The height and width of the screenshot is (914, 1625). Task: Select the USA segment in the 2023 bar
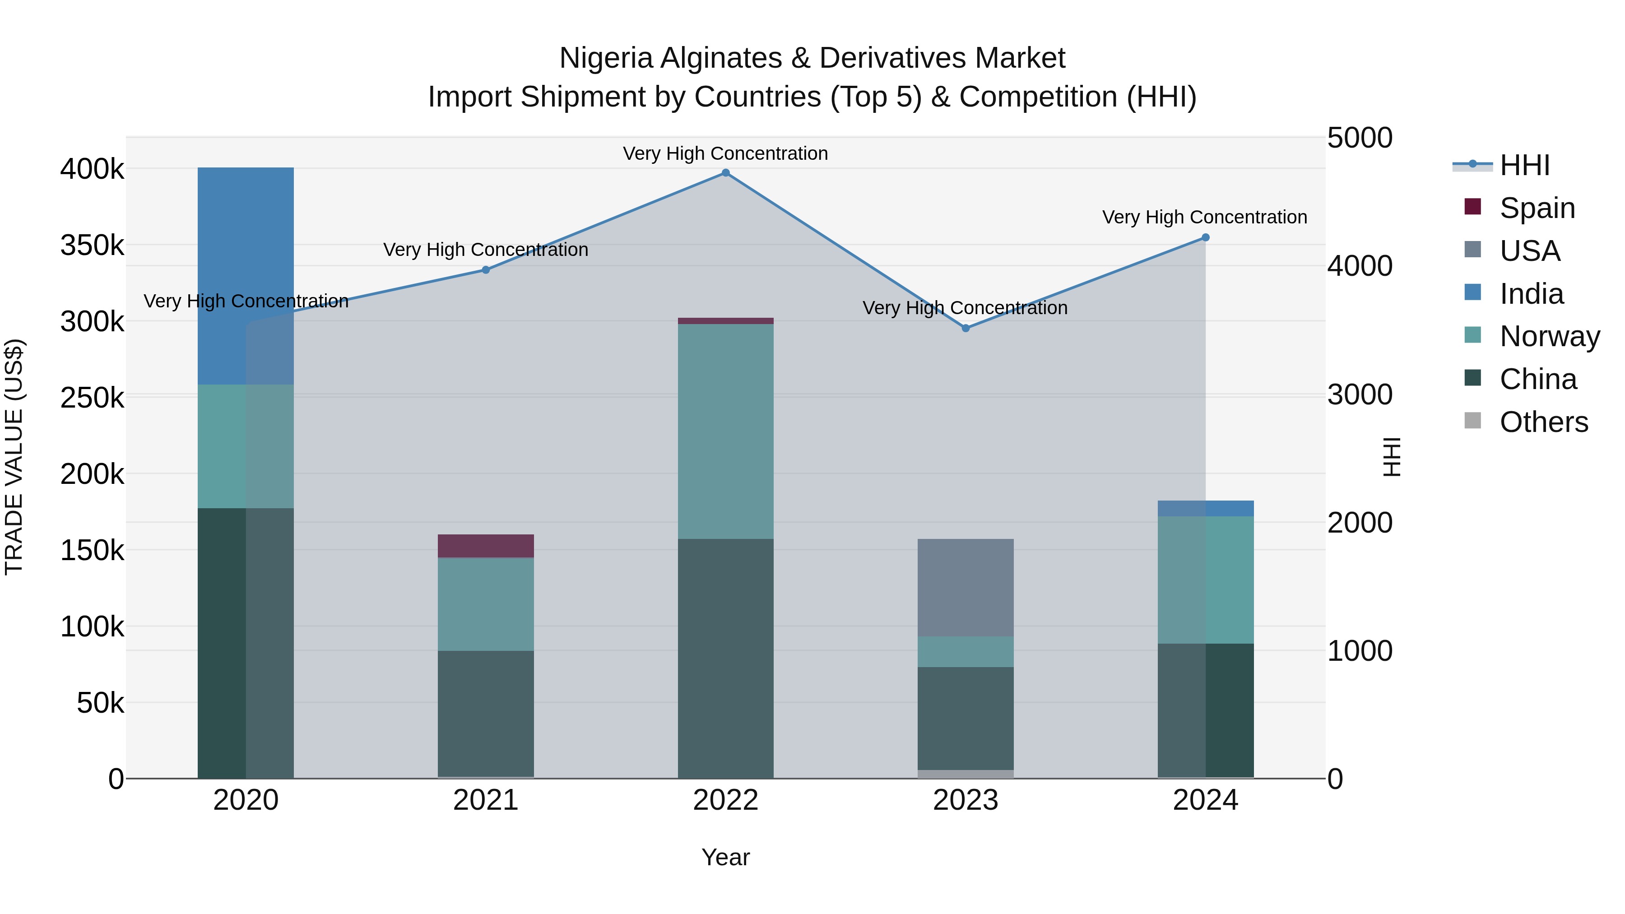(965, 587)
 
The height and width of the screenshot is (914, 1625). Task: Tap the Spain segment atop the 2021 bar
(486, 546)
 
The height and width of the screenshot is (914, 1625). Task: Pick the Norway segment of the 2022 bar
(725, 431)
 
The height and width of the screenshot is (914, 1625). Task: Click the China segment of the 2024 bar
(1206, 710)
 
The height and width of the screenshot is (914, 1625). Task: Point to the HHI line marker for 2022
(725, 173)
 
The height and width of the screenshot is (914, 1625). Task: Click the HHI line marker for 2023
(965, 328)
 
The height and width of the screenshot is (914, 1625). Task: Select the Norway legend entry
(1549, 336)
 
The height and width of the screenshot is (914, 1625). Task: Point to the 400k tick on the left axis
(92, 169)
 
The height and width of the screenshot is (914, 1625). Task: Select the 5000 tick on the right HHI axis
(1360, 138)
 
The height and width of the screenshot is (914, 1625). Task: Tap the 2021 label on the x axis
(486, 800)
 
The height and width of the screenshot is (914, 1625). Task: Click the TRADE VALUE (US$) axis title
(14, 457)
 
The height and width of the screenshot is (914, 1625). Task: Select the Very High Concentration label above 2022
(725, 153)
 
